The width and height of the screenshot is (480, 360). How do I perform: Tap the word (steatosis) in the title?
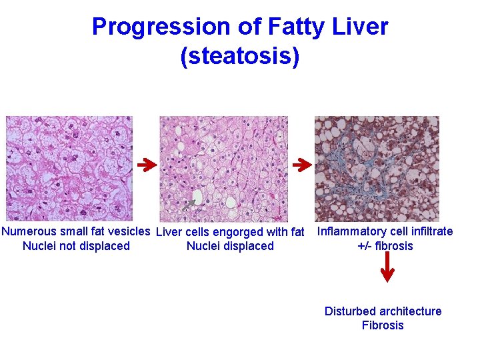pyautogui.click(x=240, y=56)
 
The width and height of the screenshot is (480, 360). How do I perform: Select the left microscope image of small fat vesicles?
pyautogui.click(x=69, y=168)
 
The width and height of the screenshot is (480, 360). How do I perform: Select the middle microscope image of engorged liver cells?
pyautogui.click(x=223, y=168)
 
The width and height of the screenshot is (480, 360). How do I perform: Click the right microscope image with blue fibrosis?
pyautogui.click(x=377, y=168)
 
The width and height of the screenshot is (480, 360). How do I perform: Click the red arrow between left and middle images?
pyautogui.click(x=147, y=163)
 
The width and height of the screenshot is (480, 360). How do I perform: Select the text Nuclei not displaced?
pyautogui.click(x=76, y=247)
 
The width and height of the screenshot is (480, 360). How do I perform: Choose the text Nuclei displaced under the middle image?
pyautogui.click(x=230, y=247)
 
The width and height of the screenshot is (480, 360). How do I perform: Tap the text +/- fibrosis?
pyautogui.click(x=385, y=246)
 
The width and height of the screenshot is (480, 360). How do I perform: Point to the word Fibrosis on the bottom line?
pyautogui.click(x=383, y=325)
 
